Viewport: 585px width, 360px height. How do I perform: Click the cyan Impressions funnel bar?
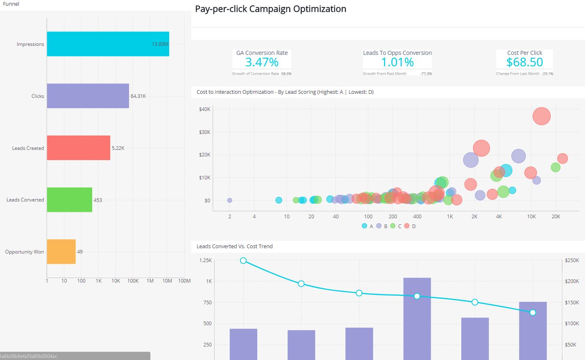pyautogui.click(x=108, y=44)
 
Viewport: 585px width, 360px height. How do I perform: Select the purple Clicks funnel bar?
pyautogui.click(x=88, y=96)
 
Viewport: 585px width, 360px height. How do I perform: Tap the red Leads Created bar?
pyautogui.click(x=78, y=148)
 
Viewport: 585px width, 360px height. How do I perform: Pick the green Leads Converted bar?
pyautogui.click(x=69, y=200)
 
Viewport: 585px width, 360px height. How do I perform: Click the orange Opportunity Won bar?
pyautogui.click(x=61, y=251)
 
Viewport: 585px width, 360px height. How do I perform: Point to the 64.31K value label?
pyautogui.click(x=138, y=96)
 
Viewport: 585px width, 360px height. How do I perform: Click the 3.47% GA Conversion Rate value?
pyautogui.click(x=262, y=62)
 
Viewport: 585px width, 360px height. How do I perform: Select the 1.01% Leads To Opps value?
pyautogui.click(x=397, y=62)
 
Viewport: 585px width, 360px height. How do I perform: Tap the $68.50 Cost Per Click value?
pyautogui.click(x=524, y=62)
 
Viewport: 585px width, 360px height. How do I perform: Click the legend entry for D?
pyautogui.click(x=410, y=226)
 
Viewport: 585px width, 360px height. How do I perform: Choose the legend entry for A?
pyautogui.click(x=367, y=226)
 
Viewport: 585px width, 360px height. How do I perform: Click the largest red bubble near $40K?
pyautogui.click(x=541, y=116)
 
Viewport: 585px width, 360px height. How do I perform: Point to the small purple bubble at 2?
pyautogui.click(x=229, y=200)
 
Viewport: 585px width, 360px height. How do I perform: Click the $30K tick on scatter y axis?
pyautogui.click(x=204, y=132)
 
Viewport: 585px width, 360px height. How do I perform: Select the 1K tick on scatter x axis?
pyautogui.click(x=450, y=217)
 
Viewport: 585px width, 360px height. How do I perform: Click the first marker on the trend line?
pyautogui.click(x=243, y=261)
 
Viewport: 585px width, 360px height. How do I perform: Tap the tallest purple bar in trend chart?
pyautogui.click(x=417, y=319)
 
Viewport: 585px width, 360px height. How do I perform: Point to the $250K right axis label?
pyautogui.click(x=571, y=260)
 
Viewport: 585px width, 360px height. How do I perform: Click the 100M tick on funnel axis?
pyautogui.click(x=184, y=281)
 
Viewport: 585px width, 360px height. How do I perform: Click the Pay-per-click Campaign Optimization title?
pyautogui.click(x=270, y=9)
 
